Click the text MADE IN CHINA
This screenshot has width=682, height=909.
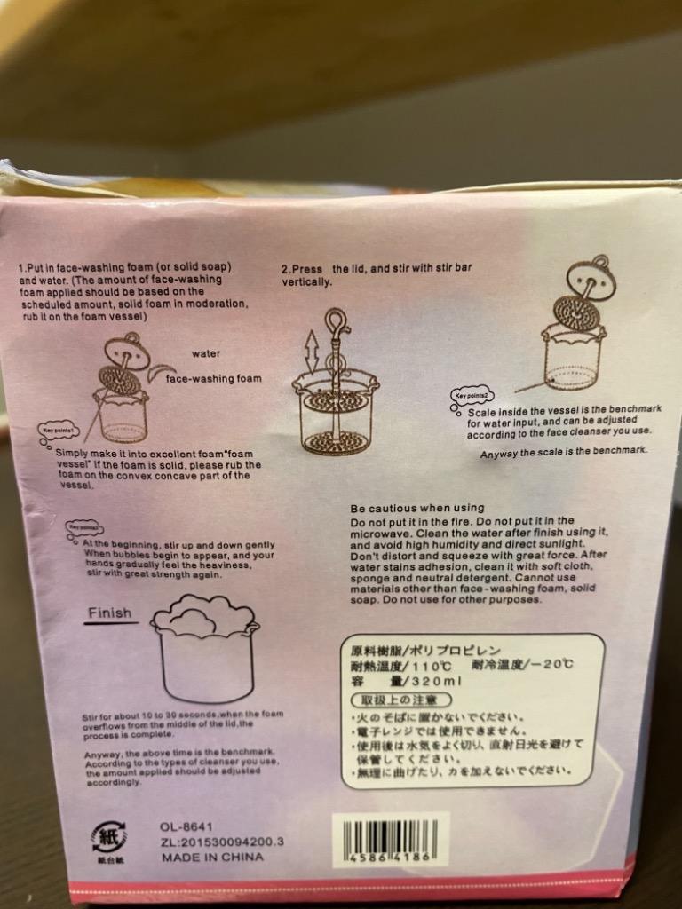click(x=212, y=858)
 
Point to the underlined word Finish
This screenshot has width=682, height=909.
click(x=110, y=613)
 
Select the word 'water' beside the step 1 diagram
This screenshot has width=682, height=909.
click(x=206, y=353)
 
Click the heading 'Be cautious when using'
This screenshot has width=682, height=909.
click(x=417, y=508)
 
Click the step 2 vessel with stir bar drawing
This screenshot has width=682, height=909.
click(x=336, y=399)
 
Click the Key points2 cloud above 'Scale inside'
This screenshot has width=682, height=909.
click(x=472, y=398)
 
